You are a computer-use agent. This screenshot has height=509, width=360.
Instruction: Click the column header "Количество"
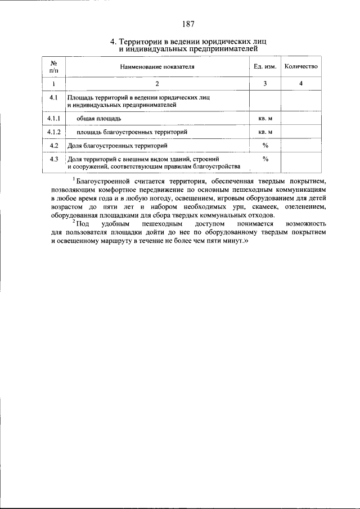pos(301,66)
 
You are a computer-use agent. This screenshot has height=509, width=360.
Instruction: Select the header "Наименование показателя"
pos(157,66)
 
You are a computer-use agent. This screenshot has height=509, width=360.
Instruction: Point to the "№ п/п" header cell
pos(55,66)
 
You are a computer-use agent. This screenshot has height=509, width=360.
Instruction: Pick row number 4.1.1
pos(55,119)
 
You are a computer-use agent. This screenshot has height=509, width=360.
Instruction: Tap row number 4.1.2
pos(55,132)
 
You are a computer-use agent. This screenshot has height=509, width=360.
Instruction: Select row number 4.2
pos(55,146)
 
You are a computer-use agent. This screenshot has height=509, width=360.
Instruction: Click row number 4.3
pos(55,159)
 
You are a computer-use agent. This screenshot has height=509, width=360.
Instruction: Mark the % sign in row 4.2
pos(265,146)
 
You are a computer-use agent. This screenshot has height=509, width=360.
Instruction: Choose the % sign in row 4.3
pos(265,159)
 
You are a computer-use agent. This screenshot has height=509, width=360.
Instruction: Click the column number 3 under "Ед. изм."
pos(265,84)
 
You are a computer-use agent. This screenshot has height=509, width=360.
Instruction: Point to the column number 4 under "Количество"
pos(301,84)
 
